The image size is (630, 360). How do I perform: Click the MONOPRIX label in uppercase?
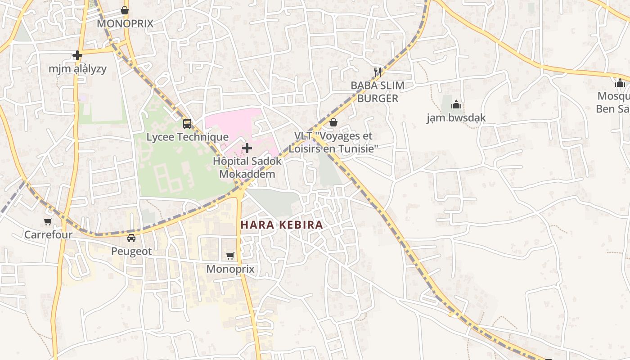click(125, 23)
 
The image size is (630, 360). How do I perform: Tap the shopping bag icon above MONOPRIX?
click(125, 10)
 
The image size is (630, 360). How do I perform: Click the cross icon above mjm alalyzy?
click(77, 55)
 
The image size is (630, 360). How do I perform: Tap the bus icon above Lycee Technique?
click(187, 123)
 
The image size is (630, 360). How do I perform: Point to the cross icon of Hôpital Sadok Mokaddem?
click(247, 148)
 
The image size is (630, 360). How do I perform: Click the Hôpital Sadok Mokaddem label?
click(247, 167)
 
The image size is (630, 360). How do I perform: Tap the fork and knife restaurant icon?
click(378, 72)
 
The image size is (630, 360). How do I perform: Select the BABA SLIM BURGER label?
click(378, 92)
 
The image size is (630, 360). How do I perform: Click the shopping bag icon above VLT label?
click(333, 122)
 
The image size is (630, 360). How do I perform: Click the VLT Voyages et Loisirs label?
click(333, 142)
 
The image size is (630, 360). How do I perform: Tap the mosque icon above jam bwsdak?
click(456, 105)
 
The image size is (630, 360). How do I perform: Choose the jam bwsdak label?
click(456, 118)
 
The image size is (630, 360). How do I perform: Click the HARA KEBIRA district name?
click(282, 225)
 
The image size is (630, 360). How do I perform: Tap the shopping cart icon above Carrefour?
click(48, 221)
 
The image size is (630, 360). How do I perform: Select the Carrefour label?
click(48, 234)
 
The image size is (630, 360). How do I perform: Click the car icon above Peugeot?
click(131, 238)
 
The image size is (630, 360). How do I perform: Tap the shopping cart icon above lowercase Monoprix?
click(230, 256)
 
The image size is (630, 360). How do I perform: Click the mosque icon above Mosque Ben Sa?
click(620, 83)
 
